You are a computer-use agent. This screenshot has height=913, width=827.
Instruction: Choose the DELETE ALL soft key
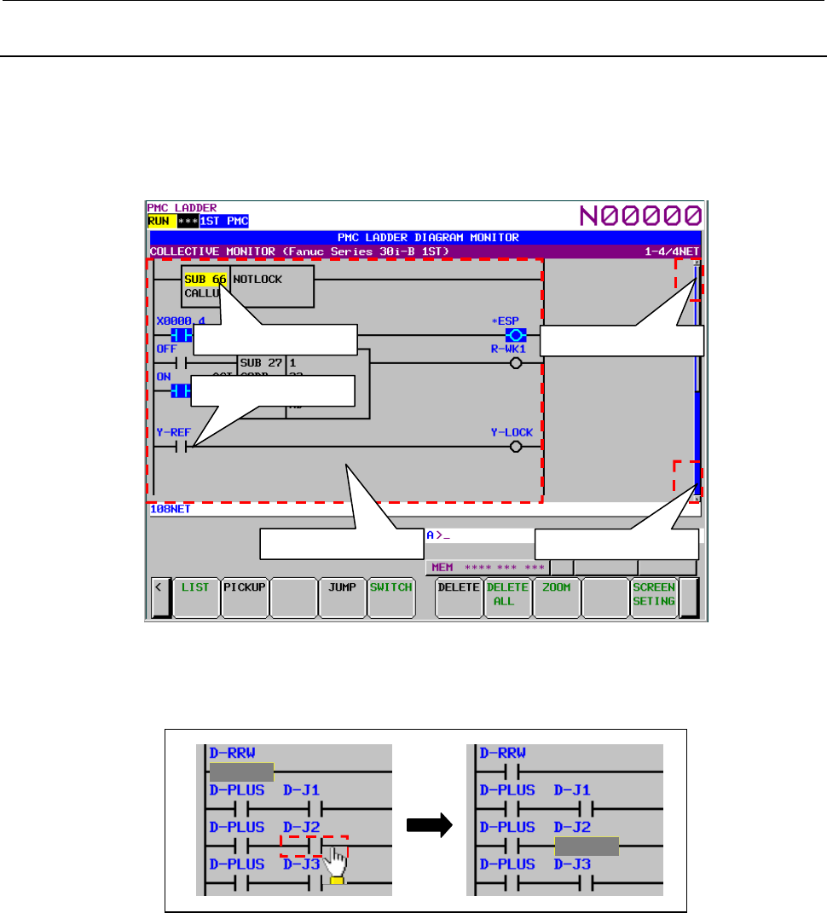507,594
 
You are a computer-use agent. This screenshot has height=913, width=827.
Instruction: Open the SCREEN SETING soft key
654,594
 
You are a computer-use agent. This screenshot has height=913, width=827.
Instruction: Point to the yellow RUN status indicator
160,221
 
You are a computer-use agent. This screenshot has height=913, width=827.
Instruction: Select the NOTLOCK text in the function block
257,279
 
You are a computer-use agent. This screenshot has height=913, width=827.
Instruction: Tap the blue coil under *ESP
515,334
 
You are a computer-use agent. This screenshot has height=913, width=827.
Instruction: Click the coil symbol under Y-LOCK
515,447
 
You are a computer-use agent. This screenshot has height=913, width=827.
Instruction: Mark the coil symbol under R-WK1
515,363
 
